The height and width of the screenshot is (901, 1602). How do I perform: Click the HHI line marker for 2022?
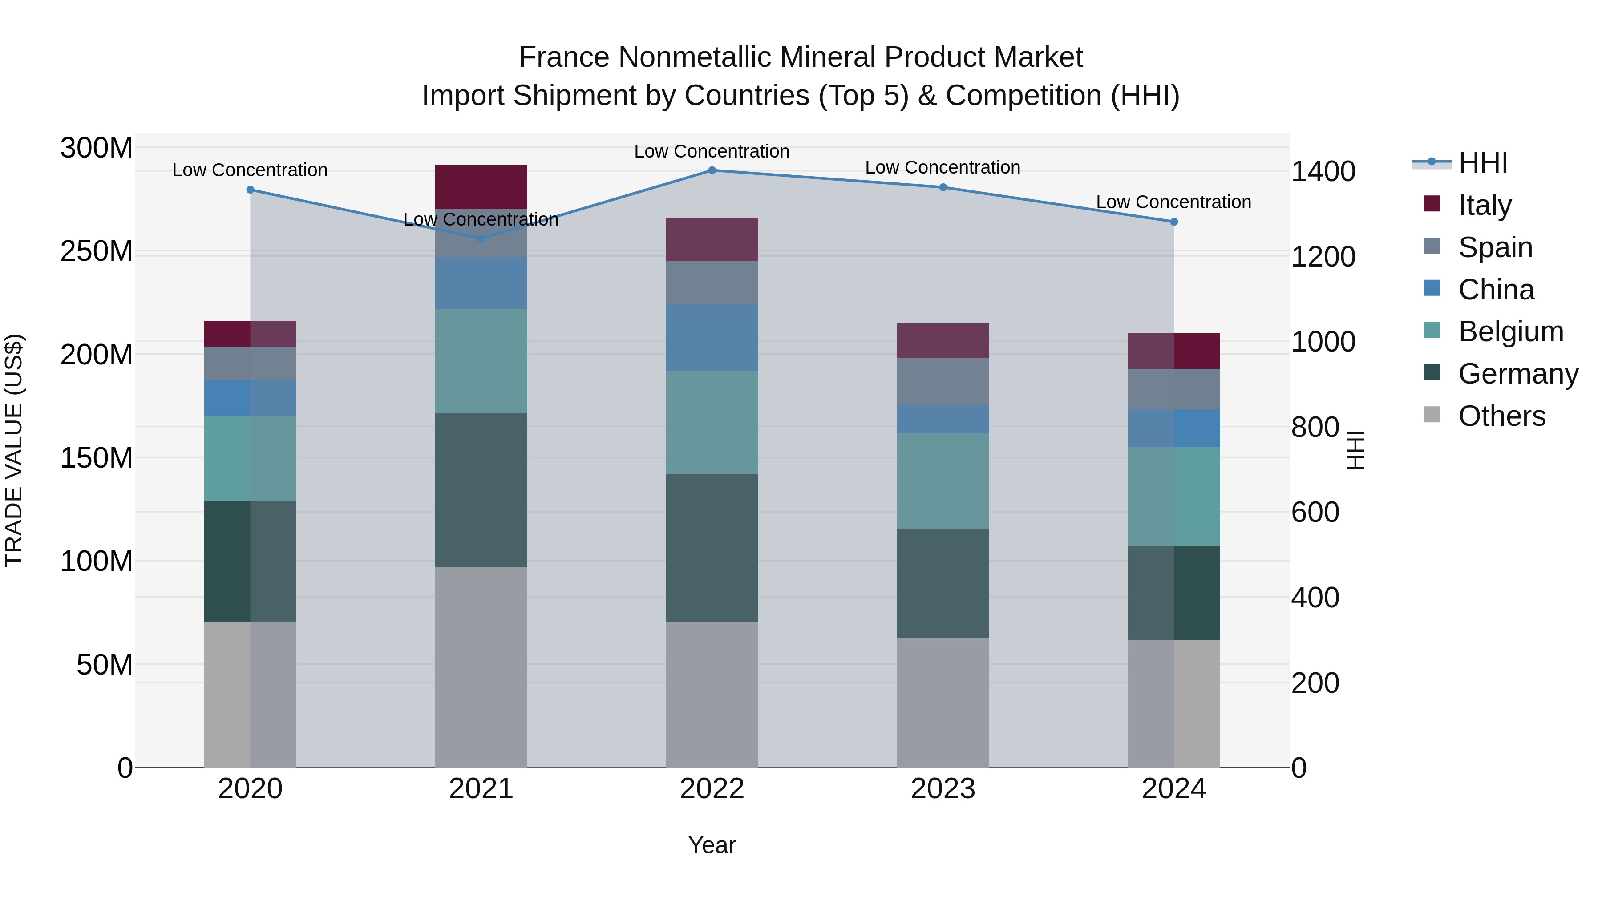[712, 170]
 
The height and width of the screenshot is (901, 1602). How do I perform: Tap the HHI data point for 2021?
[481, 238]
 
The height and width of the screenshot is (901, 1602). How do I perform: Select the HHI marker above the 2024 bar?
[1173, 222]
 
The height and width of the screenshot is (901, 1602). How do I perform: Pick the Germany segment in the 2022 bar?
[712, 548]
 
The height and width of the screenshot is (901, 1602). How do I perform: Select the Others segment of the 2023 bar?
[943, 703]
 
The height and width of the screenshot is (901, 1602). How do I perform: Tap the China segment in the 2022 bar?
[712, 338]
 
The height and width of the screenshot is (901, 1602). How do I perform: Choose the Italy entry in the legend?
[1485, 205]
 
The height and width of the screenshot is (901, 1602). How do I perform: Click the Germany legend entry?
[1517, 374]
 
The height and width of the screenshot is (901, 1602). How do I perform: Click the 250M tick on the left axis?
[97, 252]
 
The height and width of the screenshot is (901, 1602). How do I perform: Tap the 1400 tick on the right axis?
[1323, 172]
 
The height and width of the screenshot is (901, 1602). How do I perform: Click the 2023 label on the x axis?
[943, 789]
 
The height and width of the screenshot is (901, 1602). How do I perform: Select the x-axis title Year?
[712, 845]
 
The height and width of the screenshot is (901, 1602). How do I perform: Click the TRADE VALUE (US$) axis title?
[14, 450]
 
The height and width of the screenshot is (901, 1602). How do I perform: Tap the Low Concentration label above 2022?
[712, 151]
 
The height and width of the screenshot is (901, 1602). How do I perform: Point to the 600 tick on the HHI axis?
[1315, 513]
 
